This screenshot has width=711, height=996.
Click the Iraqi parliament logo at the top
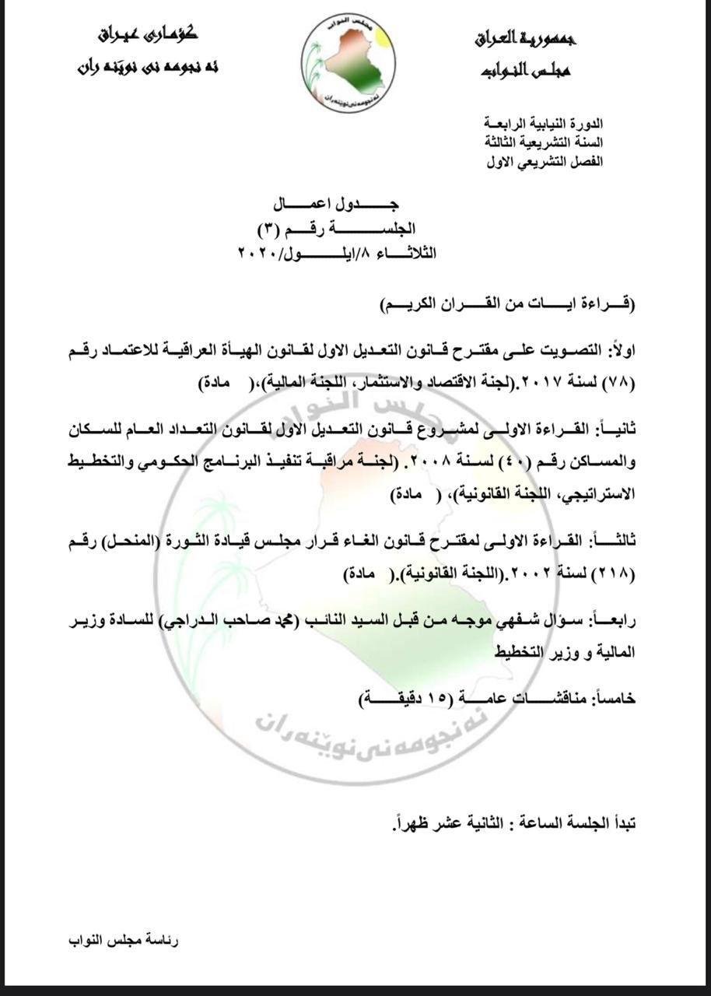pos(348,63)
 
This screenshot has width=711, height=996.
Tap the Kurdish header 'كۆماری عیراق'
pos(148,34)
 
